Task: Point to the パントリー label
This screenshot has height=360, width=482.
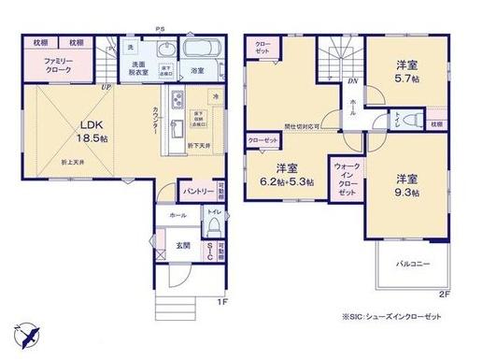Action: [194, 192]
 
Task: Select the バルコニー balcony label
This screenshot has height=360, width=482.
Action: [411, 265]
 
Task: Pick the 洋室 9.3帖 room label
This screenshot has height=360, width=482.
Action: [405, 183]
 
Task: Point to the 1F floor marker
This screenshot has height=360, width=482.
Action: [221, 301]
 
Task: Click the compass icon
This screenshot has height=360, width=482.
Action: [27, 333]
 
